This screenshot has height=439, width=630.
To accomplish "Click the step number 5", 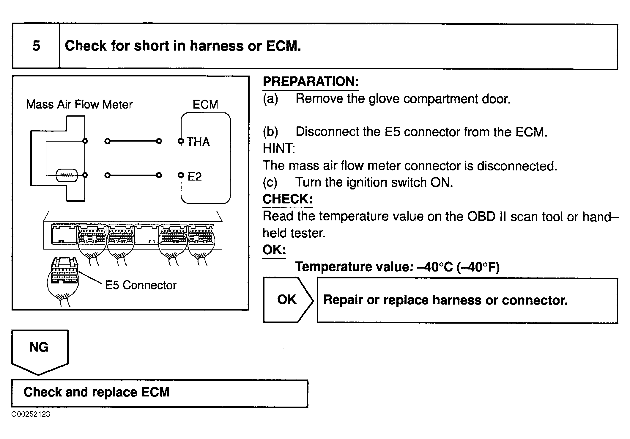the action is (x=36, y=46).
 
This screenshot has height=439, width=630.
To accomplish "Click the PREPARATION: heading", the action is (x=311, y=81).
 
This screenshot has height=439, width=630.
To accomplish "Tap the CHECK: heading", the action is (x=287, y=199).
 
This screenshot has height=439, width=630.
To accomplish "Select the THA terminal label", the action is (x=198, y=142).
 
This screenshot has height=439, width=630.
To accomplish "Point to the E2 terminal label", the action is (x=195, y=177).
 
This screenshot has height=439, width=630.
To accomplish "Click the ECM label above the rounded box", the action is (x=205, y=104).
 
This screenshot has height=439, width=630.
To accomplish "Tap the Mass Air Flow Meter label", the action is (x=79, y=104).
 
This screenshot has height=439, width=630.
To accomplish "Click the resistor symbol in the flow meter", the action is (x=67, y=175).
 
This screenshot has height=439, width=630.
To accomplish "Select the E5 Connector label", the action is (x=141, y=285).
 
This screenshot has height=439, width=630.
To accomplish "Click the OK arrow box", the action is (x=287, y=300).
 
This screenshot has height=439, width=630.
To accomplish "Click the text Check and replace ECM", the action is (x=97, y=392).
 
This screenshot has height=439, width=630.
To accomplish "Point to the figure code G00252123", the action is (x=31, y=414).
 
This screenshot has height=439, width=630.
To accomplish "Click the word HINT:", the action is (x=278, y=148).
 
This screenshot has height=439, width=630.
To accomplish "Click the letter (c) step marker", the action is (x=270, y=182).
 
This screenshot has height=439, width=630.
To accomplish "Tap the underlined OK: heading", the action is (x=274, y=250).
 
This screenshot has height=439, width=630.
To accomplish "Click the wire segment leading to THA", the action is (x=133, y=141).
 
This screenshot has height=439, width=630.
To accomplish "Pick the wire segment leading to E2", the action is (x=133, y=175).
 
